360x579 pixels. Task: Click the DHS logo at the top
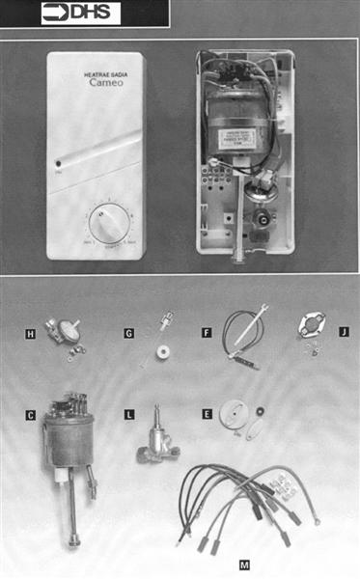pyautogui.click(x=80, y=14)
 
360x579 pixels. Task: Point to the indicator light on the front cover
pyautogui.click(x=58, y=164)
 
